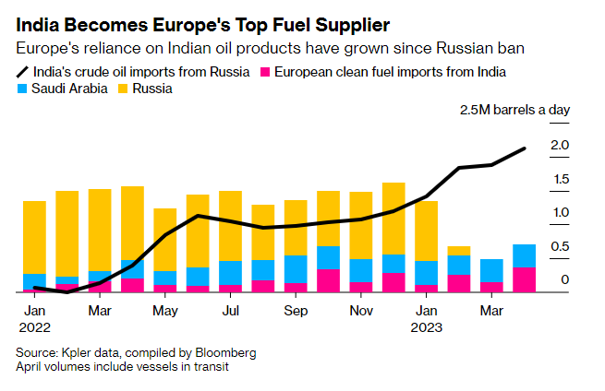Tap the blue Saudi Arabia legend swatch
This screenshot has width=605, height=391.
click(22, 89)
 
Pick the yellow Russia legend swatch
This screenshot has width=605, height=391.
click(123, 89)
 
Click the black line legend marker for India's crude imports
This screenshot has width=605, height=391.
click(21, 71)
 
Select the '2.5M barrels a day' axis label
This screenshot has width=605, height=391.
click(514, 111)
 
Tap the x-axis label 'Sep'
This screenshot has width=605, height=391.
click(296, 311)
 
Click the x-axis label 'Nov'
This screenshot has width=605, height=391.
click(361, 311)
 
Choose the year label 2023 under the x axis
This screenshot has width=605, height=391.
click(427, 326)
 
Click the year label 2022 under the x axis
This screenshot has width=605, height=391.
click(35, 326)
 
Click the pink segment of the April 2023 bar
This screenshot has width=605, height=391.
click(525, 279)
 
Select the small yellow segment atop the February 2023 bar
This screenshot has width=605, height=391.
click(459, 251)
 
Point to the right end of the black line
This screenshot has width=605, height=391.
click(525, 148)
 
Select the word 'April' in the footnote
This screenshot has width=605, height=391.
click(30, 366)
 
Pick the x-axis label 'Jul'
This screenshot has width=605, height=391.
click(231, 311)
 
